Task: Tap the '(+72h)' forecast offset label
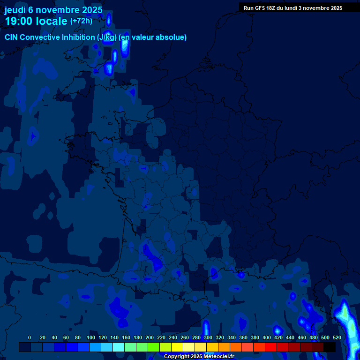coord(81,21)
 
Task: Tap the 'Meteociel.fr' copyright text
coord(216,356)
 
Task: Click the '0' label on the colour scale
coord(30,337)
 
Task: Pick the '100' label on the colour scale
coord(91,337)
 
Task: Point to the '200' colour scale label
coord(150,337)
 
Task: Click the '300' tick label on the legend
coord(208,337)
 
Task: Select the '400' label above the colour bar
coord(267,337)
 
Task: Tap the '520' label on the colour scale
coord(337,337)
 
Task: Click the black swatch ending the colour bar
coord(330,347)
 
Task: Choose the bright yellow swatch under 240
coord(177,347)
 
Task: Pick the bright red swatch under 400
coord(271,347)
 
